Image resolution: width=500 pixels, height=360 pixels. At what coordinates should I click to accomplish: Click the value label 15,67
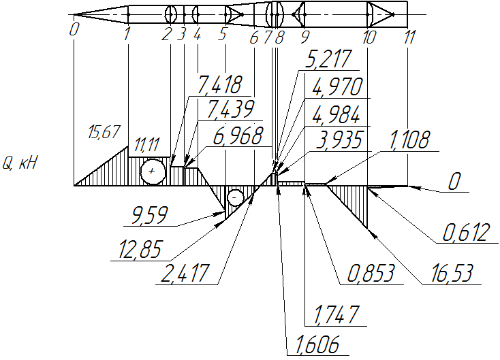[x=104, y=132]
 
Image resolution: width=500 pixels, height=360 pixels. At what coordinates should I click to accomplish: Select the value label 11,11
[x=146, y=145]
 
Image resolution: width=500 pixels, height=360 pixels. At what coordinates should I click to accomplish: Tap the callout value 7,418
[x=219, y=85]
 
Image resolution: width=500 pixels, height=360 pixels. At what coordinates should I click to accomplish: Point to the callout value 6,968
[x=238, y=136]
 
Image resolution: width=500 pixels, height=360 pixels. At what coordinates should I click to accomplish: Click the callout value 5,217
[x=328, y=59]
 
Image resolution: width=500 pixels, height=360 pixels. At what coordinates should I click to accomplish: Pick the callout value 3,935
[x=339, y=140]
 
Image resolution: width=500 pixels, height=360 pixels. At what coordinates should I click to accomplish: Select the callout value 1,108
[x=409, y=140]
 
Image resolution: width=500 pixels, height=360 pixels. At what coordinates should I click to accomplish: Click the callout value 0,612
[x=466, y=233]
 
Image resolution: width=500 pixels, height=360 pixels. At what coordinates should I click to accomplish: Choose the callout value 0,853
[x=371, y=274]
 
